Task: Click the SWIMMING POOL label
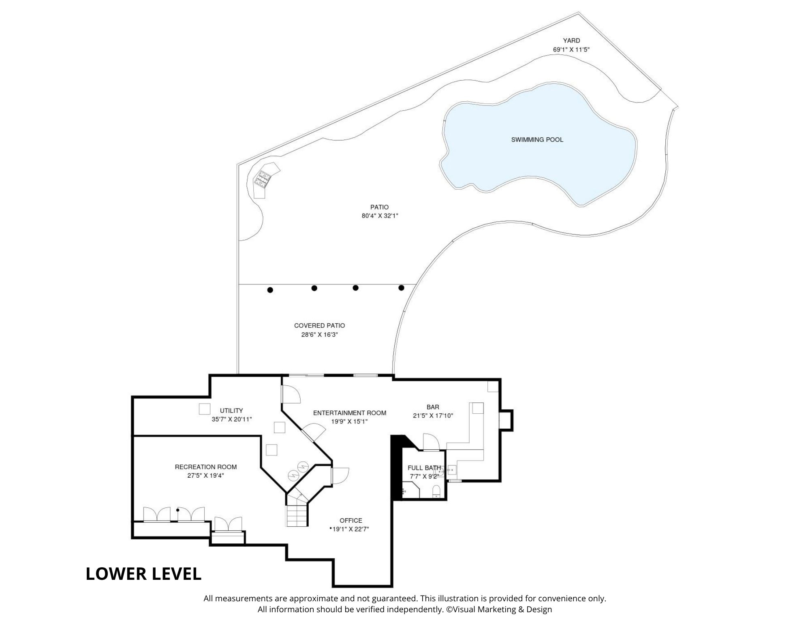click(537, 140)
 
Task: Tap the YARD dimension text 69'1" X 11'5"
click(571, 49)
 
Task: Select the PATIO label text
click(380, 207)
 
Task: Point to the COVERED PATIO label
click(319, 325)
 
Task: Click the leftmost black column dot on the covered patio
click(270, 290)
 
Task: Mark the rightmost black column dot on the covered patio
click(401, 288)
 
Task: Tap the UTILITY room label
click(231, 410)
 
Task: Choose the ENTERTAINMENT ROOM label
click(349, 413)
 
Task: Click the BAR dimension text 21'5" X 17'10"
click(433, 415)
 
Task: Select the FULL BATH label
click(424, 468)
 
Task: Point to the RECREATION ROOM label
click(205, 467)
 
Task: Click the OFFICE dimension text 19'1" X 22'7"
click(351, 529)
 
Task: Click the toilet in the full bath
click(436, 491)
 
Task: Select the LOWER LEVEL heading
click(143, 574)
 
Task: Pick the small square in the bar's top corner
click(493, 387)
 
